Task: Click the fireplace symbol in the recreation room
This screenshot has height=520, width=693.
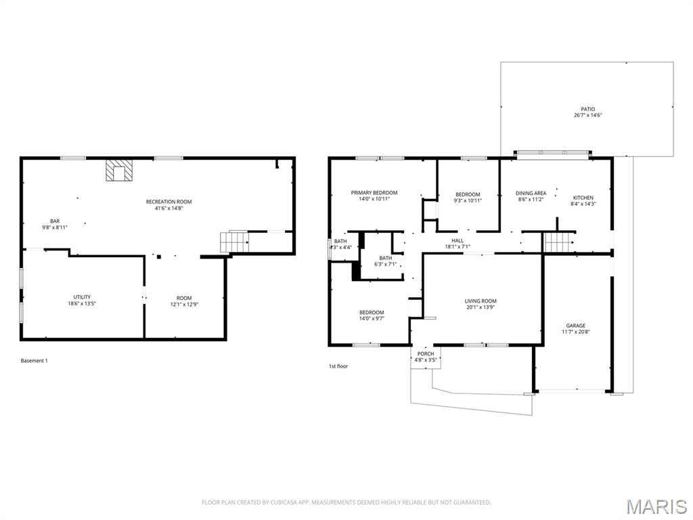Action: tap(119, 170)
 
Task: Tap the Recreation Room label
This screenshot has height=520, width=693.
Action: tap(169, 202)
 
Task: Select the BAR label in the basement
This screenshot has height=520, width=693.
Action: tap(55, 221)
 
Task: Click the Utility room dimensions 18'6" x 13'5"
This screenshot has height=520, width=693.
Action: tap(82, 304)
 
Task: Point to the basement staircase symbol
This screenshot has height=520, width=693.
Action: tap(234, 242)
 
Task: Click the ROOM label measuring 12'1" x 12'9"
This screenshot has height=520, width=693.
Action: tap(184, 298)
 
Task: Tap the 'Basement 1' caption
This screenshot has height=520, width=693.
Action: tap(34, 361)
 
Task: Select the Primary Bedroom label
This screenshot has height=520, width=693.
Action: tap(374, 193)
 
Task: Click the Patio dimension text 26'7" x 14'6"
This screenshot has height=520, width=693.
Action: tap(588, 115)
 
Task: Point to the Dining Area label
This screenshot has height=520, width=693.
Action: tap(531, 193)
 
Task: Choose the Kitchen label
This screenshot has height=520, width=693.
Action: tap(583, 198)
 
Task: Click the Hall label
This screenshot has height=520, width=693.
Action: tap(457, 240)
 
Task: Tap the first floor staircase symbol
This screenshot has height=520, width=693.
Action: tap(558, 242)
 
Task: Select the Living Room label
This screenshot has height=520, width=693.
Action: tap(480, 301)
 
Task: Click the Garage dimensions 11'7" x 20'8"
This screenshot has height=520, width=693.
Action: tap(576, 332)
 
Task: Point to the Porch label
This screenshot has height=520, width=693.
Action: tap(426, 353)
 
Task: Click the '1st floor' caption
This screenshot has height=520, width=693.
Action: tap(338, 366)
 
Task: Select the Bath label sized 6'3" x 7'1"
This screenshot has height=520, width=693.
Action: tap(385, 258)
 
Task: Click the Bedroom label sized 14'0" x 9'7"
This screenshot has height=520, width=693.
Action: tap(372, 312)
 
